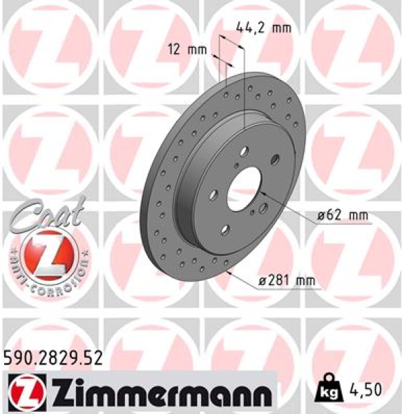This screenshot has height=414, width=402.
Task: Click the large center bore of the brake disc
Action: (244, 182)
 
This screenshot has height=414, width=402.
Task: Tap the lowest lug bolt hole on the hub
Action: (225, 232)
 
